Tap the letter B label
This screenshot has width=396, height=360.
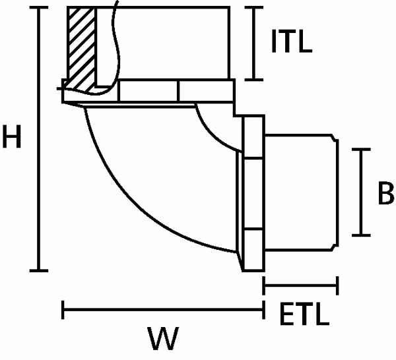[386, 193]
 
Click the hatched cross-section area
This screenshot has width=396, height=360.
[81, 46]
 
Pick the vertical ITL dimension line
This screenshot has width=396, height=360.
[255, 42]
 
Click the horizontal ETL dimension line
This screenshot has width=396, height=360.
[300, 286]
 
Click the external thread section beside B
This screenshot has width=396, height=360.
[300, 191]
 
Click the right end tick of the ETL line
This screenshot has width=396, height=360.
[338, 286]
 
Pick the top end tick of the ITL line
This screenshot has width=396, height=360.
[255, 8]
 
